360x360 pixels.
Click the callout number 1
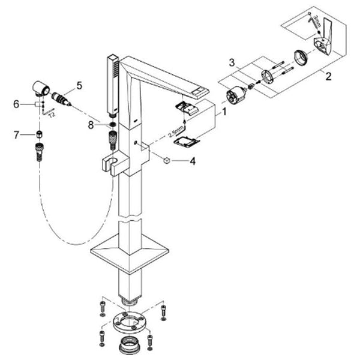coord(224,112)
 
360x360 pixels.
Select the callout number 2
coord(328,76)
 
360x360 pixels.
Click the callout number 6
coord(16,104)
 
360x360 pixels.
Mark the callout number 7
coord(16,134)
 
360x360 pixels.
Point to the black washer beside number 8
coord(112,127)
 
